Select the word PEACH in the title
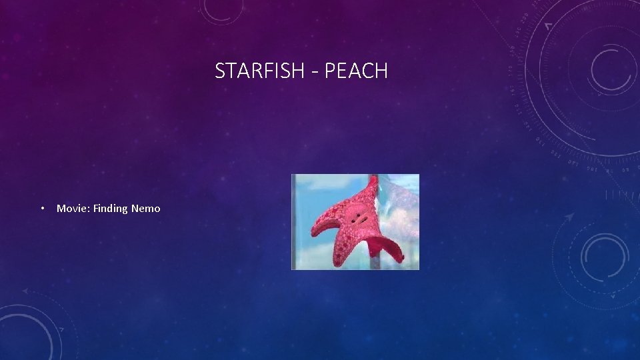pos(356,71)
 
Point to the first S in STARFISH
pos(220,71)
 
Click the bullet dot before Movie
pos(42,209)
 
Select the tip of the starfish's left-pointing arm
pos(313,232)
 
